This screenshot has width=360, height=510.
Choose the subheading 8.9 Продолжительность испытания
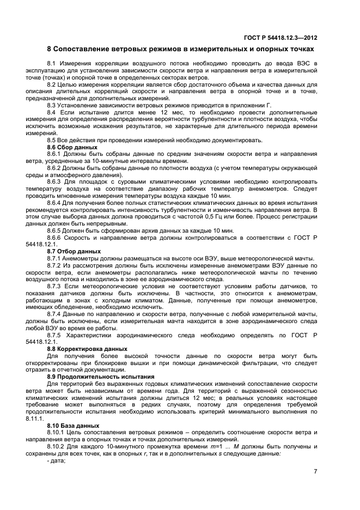(x=100, y=377)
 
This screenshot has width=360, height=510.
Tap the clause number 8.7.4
(x=55, y=315)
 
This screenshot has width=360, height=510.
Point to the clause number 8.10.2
(x=57, y=446)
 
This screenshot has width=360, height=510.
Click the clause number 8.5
(x=53, y=140)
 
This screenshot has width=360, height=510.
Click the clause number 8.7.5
(x=55, y=335)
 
